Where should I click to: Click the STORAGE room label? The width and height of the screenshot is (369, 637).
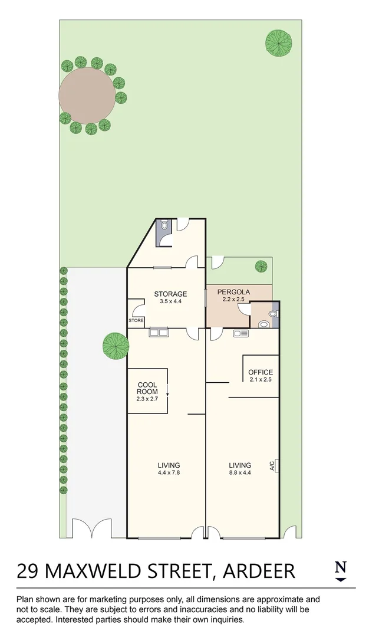[x=170, y=294]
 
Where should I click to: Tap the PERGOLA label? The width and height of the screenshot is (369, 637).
[x=233, y=292]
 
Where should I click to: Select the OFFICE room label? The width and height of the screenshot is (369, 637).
[x=260, y=372]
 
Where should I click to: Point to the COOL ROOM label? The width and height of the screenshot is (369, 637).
[x=147, y=388]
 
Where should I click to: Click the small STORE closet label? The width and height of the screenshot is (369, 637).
[x=136, y=321]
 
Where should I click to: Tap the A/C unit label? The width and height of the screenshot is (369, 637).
[x=272, y=466]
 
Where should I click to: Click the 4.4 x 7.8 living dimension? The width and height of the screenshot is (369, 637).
[x=169, y=472]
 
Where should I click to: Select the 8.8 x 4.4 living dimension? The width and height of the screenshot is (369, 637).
[x=240, y=472]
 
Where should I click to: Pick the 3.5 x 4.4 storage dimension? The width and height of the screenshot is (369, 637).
[x=170, y=301]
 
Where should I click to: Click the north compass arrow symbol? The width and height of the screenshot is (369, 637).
[x=340, y=580]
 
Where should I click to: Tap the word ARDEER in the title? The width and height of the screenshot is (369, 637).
[x=258, y=571]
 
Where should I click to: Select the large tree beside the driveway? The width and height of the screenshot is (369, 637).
[x=116, y=346]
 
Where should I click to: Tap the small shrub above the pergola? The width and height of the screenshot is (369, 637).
[x=261, y=267]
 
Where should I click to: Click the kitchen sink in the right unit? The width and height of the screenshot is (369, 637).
[x=240, y=334]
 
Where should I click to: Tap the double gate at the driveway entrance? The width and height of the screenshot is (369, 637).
[x=91, y=528]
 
